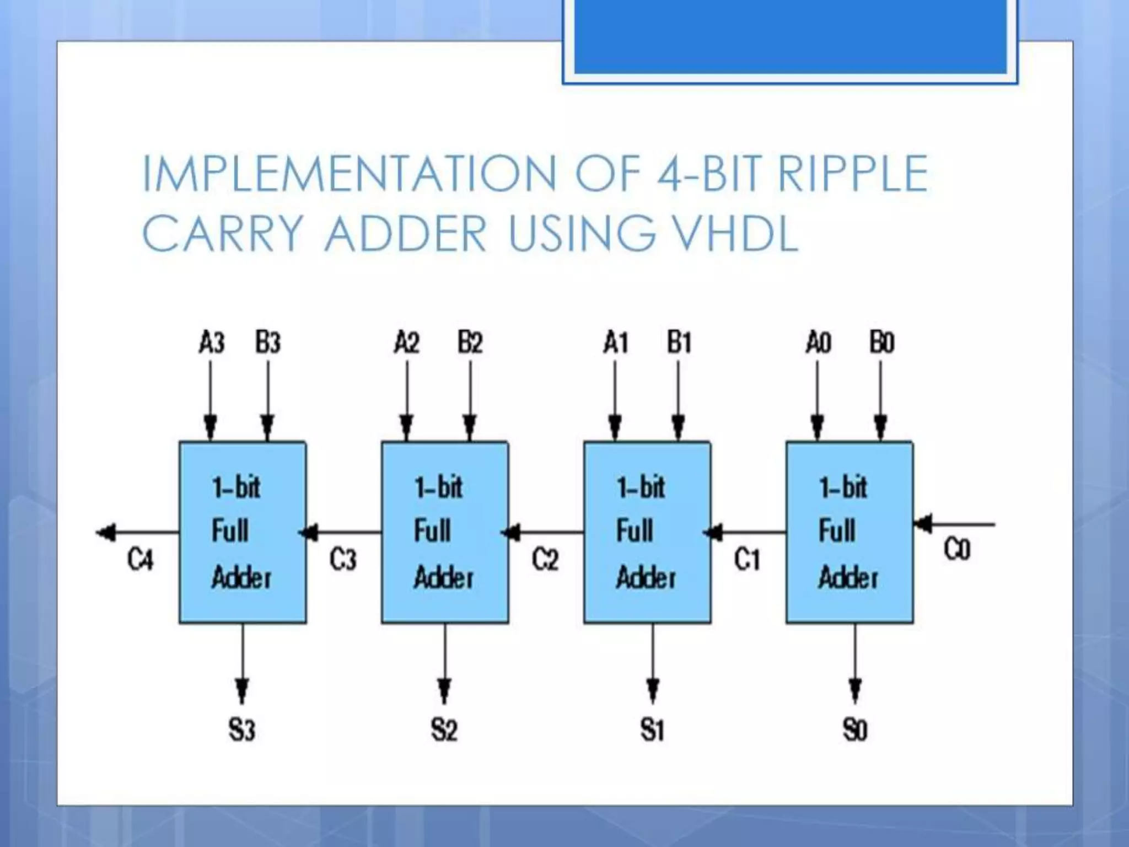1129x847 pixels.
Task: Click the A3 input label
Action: coord(212,342)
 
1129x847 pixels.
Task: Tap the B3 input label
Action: coord(268,342)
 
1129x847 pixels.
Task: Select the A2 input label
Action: coord(407,342)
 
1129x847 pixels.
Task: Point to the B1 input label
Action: coord(679,342)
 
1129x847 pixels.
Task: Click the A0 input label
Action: coord(818,342)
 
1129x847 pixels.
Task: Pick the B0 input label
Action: coord(881,342)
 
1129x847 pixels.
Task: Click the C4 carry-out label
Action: coord(140,560)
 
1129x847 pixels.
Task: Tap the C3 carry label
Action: coord(343,560)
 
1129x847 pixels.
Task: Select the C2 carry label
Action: coord(545,560)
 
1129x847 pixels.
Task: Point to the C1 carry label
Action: coord(747,560)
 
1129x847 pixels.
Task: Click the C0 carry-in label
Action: coord(956,549)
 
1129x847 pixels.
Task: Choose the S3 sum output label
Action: coord(242,730)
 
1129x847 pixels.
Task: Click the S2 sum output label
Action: coord(444,730)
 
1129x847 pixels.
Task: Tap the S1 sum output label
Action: coord(652,730)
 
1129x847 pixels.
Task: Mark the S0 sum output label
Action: coord(855,730)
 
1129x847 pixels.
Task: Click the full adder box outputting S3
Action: coord(243,533)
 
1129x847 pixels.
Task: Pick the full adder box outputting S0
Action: coord(850,533)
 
